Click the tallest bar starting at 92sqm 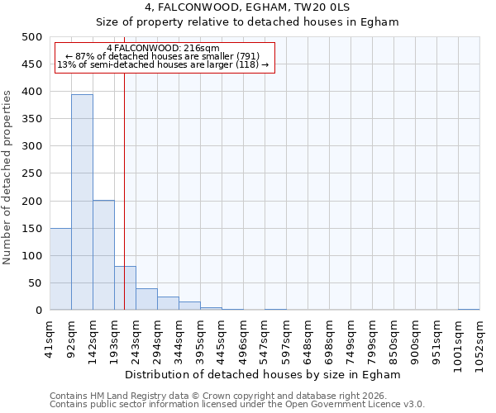pos(82,202)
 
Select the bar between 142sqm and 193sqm pos(103,255)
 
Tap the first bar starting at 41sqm pos(60,269)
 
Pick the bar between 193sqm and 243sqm pos(125,288)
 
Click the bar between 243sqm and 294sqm pos(146,299)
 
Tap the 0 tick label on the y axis pos(38,311)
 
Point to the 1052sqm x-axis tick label pos(479,339)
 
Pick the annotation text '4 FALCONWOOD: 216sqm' pos(163,49)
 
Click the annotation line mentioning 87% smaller pos(162,56)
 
